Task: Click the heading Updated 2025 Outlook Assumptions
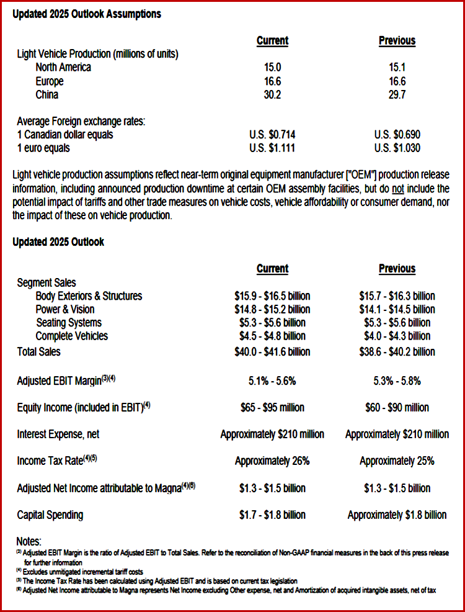click(87, 14)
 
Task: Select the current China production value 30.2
click(273, 95)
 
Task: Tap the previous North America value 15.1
click(397, 68)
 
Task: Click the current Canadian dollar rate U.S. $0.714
click(273, 135)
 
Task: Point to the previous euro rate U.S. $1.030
click(397, 148)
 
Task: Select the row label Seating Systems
click(69, 323)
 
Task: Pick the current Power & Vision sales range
click(273, 309)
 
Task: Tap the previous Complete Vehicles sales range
click(397, 336)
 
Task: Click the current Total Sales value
click(273, 352)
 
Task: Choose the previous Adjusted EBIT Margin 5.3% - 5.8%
click(397, 380)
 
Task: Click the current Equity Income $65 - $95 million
click(273, 408)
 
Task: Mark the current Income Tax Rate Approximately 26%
click(273, 461)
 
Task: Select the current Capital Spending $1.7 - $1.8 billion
click(273, 515)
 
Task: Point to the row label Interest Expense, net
click(58, 434)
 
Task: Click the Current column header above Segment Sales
click(273, 269)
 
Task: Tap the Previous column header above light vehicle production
click(397, 41)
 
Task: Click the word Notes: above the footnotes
click(29, 542)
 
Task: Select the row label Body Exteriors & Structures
click(89, 296)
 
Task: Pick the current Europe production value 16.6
click(273, 81)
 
